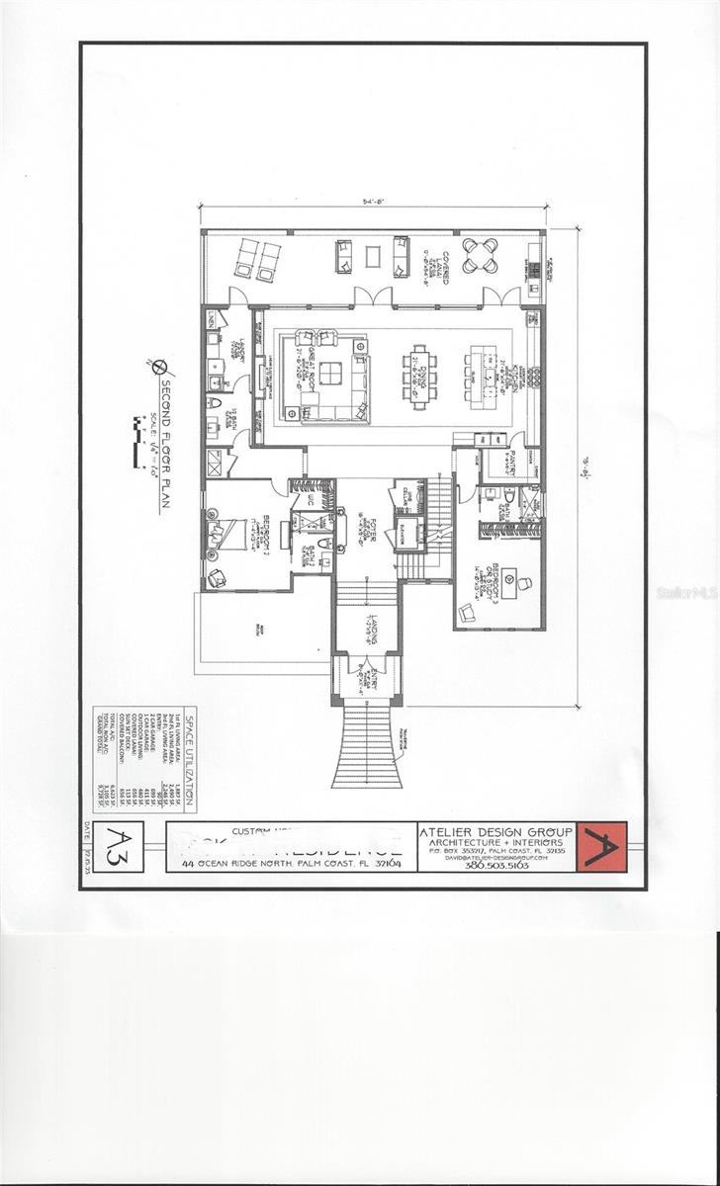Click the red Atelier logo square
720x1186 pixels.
pos(601,847)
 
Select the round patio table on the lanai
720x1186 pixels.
pos(478,255)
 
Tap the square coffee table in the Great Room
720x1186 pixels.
pos(331,375)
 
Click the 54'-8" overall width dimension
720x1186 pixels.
pos(373,201)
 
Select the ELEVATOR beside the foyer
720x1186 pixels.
pos(407,534)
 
